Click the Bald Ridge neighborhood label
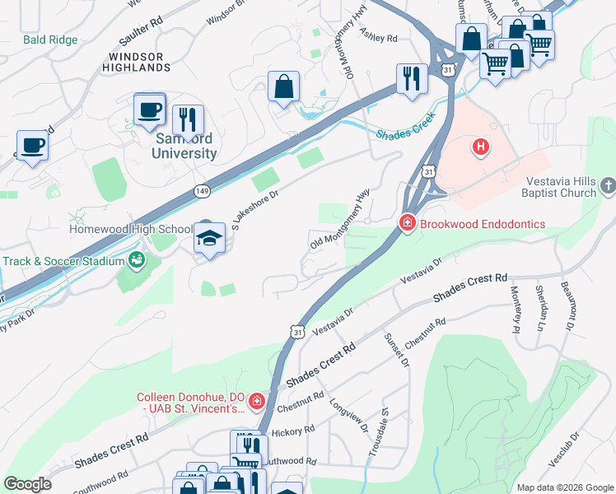(x=50, y=40)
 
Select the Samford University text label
(x=184, y=146)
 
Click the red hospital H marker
(x=480, y=147)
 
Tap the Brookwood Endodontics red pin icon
(x=407, y=221)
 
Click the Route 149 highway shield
(x=203, y=191)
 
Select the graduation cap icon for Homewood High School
(x=210, y=239)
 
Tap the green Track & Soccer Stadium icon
(x=137, y=261)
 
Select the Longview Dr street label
(x=348, y=410)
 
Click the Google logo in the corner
(x=28, y=484)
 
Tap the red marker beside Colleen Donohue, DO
(x=258, y=401)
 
